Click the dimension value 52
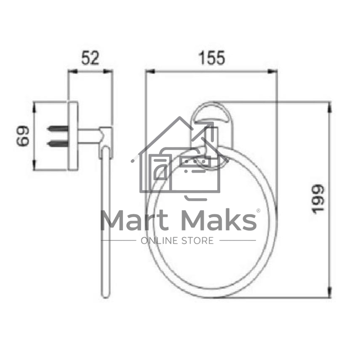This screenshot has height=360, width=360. (x=90, y=58)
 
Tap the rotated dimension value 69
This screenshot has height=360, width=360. (x=23, y=136)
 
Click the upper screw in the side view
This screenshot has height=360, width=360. (x=58, y=128)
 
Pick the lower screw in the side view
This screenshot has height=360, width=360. (x=58, y=144)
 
